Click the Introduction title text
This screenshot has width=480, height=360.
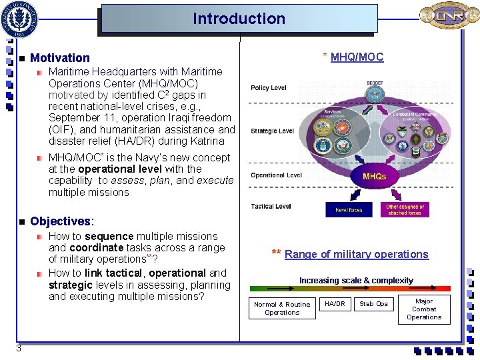coord(239,19)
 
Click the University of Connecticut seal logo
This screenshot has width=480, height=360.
coord(21,19)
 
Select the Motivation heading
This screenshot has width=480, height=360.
coord(60,59)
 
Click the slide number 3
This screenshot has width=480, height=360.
coord(19,348)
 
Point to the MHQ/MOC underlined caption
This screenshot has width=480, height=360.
coord(357,57)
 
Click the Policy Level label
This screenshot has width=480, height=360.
coord(269,88)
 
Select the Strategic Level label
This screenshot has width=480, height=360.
coord(272,131)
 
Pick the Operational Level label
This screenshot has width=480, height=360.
coord(276,175)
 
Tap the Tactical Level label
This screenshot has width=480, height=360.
coord(271,207)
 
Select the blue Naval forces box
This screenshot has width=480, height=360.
coord(349,210)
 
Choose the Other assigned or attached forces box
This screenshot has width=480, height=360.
coord(405,210)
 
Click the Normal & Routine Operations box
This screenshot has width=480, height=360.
coord(282,308)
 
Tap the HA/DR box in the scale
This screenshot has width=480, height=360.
coord(335,304)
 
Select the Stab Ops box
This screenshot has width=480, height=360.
coord(373,304)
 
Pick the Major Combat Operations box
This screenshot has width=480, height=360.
coord(424,309)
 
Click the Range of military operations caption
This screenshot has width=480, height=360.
coord(356,254)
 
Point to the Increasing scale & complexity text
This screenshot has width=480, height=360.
coord(356,281)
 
